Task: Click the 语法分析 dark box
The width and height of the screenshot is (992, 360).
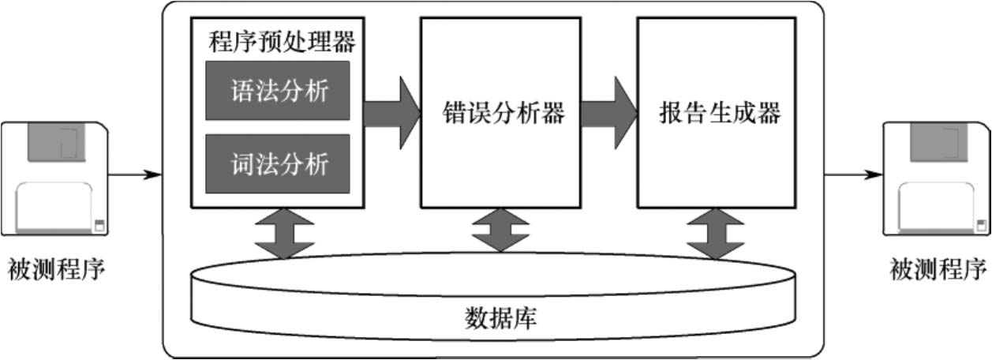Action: pyautogui.click(x=277, y=90)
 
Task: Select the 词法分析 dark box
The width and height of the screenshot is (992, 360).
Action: pyautogui.click(x=277, y=164)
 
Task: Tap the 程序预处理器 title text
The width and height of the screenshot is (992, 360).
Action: pyautogui.click(x=282, y=40)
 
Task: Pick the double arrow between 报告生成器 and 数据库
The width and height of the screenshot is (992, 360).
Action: pyautogui.click(x=714, y=233)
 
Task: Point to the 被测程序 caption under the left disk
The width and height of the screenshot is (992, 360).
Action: pyautogui.click(x=55, y=270)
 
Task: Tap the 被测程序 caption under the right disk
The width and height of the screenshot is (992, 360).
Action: pyautogui.click(x=938, y=270)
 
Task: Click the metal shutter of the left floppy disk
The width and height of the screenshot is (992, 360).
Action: pyautogui.click(x=54, y=142)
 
